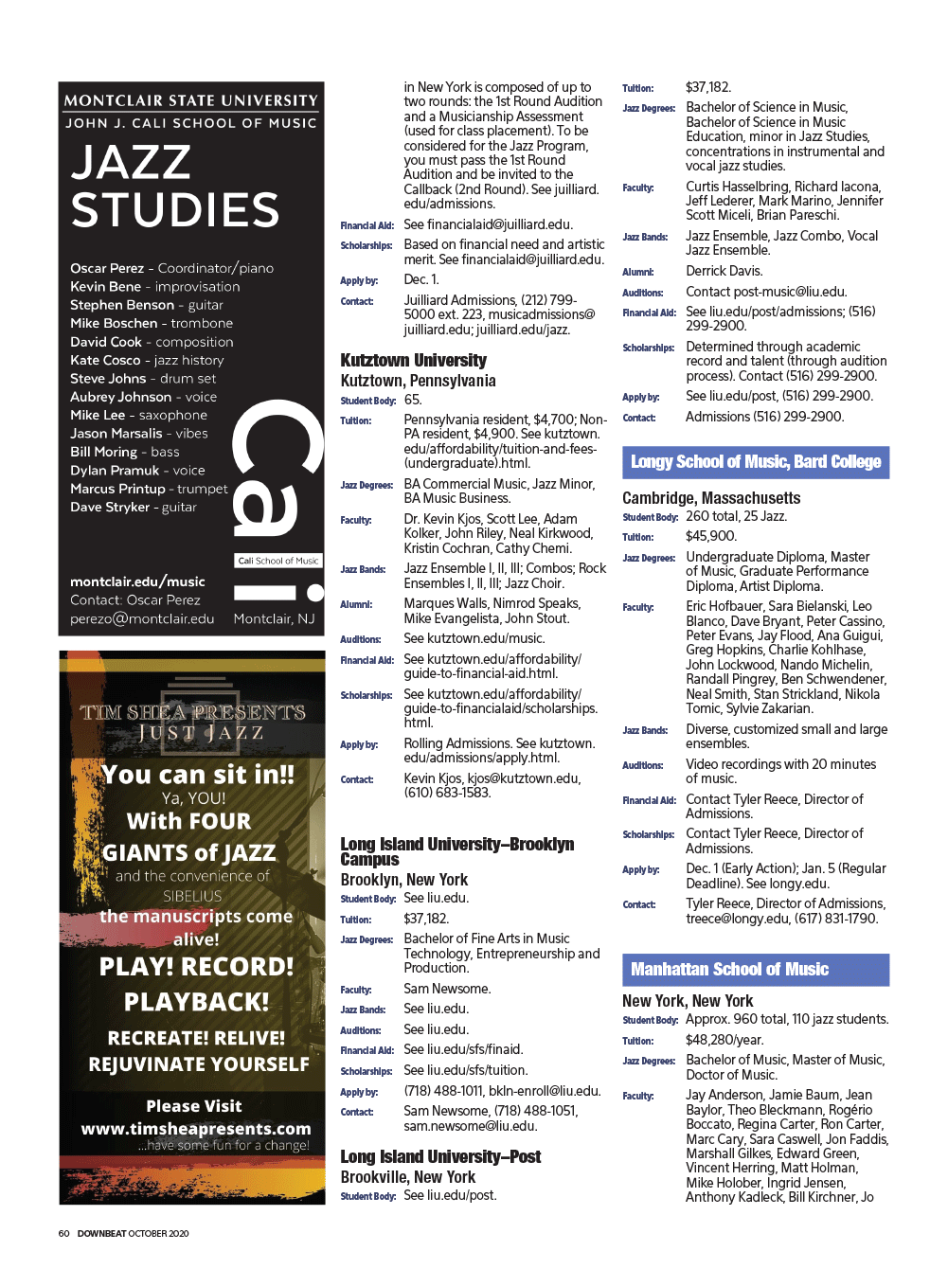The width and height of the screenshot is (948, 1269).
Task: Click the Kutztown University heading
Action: point(413,361)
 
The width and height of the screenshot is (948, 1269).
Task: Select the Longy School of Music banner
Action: point(755,462)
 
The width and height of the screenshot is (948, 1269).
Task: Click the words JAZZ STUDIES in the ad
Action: point(175,187)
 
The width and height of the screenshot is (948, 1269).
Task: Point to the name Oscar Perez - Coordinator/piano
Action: point(171,268)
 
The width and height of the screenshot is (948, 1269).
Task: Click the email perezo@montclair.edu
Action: point(142,618)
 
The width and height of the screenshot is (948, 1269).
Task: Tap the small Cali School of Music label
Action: point(278,561)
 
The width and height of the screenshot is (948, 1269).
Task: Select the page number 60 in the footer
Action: point(63,1233)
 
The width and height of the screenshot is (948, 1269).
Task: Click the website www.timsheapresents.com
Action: point(196,1129)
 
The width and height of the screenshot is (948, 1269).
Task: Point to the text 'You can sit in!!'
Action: point(198,775)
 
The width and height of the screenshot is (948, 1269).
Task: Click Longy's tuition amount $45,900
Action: point(710,536)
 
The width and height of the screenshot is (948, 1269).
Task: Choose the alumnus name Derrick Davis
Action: point(724,271)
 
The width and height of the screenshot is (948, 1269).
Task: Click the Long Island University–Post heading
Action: point(440,1157)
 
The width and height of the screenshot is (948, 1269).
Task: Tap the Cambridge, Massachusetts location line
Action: point(711,498)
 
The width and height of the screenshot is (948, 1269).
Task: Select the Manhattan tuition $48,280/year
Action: point(724,1040)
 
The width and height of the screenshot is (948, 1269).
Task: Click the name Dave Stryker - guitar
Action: point(134,507)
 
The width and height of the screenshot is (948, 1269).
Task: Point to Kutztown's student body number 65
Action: point(412,400)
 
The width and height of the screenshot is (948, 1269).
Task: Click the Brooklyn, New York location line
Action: point(403,880)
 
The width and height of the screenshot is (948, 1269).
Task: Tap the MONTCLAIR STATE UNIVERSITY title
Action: point(190,100)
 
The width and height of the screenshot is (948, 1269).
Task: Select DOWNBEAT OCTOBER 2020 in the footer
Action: point(133,1233)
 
